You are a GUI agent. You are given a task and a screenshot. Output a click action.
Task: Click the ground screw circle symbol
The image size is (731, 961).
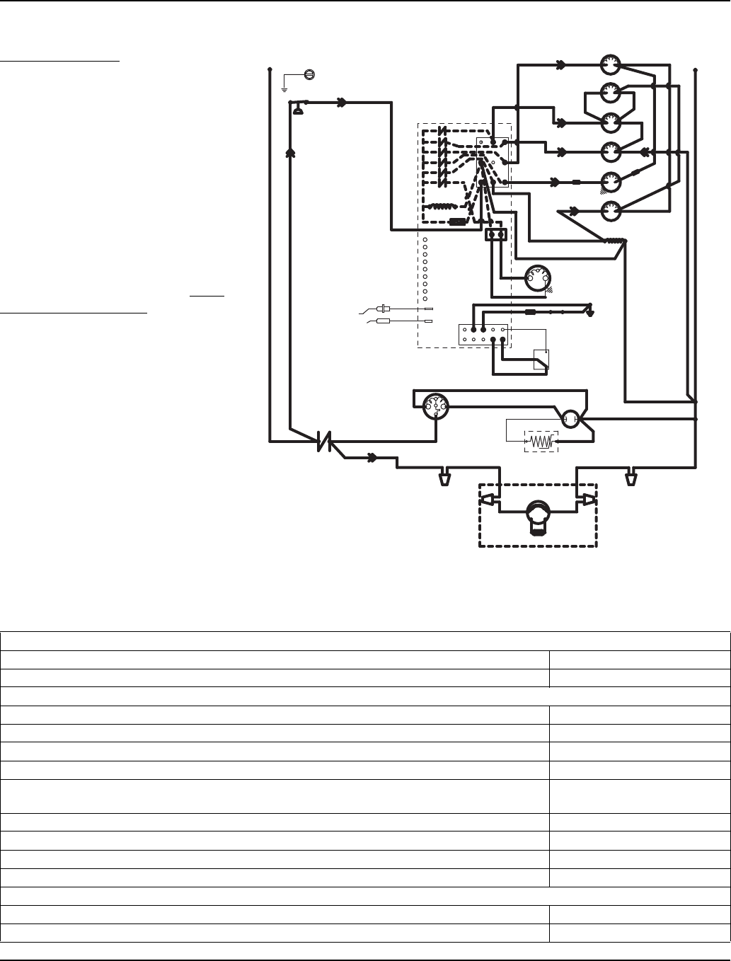point(309,74)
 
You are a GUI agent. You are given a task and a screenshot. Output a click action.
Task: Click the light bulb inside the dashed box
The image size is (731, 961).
point(538,511)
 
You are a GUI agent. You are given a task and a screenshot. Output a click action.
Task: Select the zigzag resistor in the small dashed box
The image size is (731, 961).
point(541,442)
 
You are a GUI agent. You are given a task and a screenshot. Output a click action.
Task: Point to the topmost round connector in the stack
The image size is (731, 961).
point(610,66)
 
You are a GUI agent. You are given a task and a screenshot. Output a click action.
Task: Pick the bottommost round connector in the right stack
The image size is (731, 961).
point(610,210)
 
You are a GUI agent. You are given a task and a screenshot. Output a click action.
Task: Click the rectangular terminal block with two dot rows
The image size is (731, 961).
point(483,334)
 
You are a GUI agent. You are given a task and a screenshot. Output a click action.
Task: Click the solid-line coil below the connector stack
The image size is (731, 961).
point(614,241)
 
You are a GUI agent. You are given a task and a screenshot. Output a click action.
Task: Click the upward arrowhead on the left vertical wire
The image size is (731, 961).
point(290,152)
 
